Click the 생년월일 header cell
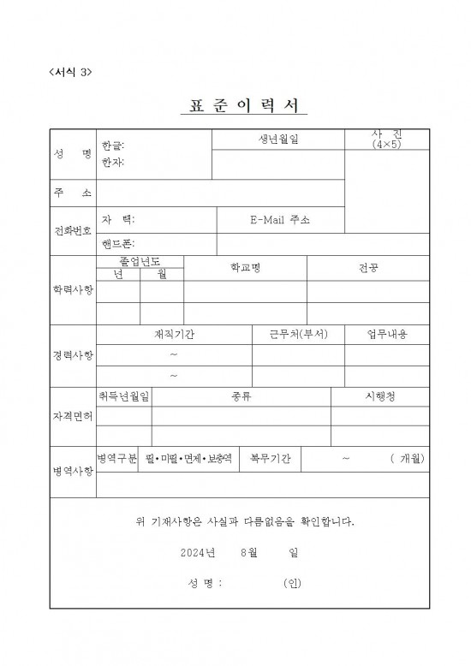278,138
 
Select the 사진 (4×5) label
386,140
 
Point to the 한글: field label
112,146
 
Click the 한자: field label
112,161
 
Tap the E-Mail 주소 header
280,220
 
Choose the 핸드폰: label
117,244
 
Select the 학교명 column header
245,268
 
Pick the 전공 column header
368,268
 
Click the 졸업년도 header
140,261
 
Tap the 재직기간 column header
174,334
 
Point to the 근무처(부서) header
297,334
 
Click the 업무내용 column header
386,334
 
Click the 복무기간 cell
270,459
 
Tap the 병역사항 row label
73,472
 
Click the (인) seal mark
292,584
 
